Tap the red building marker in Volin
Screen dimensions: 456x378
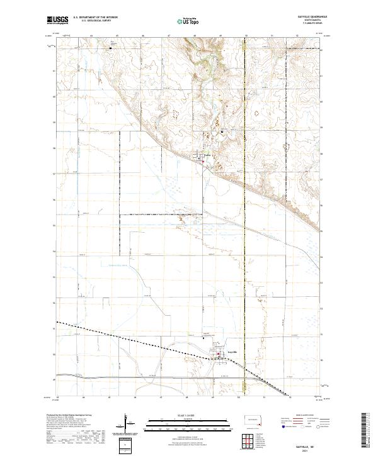point(201,158)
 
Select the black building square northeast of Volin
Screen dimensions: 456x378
point(222,131)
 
